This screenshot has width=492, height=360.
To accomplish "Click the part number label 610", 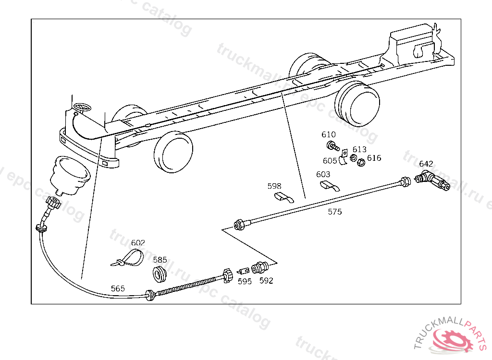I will coord(329,135).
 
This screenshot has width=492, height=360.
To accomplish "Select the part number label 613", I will coord(359,149).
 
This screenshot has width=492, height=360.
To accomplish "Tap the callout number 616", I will coord(374,158).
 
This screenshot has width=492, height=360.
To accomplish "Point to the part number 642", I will coord(426,164).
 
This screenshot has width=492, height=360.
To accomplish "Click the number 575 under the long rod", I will coord(335,212).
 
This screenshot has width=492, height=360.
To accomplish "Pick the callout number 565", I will coord(118,288).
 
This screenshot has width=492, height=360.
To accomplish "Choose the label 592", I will coord(266,281).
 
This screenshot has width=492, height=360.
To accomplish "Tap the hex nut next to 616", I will coord(362,162).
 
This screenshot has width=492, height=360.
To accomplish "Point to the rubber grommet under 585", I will coord(160,274).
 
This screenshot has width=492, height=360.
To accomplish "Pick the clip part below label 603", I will coord(328,185).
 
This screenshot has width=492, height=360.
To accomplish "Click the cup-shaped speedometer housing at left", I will coord(70,175).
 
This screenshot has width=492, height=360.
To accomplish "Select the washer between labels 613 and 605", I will coord(353,159).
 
